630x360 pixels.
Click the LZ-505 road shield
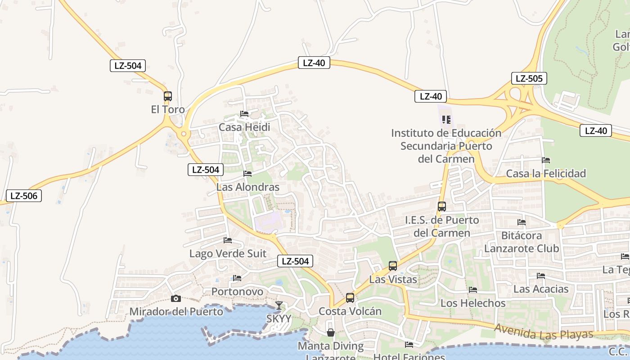coord(529,79)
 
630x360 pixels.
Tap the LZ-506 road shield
coord(24,196)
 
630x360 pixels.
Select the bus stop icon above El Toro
coord(168,96)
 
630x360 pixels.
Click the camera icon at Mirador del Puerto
coord(176,298)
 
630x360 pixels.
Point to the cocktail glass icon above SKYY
coord(279,306)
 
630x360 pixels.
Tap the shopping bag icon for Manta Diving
coord(331,333)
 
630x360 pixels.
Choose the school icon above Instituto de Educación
coord(446,120)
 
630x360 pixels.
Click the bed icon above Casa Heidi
coord(244,114)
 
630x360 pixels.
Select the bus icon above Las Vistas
coord(393,266)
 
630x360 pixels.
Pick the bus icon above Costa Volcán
coord(350,298)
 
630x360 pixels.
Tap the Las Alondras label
coord(248,187)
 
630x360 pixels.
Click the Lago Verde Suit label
coord(228,254)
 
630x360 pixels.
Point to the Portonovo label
coord(237,292)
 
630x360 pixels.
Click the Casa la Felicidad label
coord(546,174)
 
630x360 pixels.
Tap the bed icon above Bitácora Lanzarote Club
coord(522,222)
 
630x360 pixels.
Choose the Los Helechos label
coord(473,303)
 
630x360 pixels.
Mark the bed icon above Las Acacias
coord(541,276)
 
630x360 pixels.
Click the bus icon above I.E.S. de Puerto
coord(442,207)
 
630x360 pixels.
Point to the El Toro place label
coord(168,110)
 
